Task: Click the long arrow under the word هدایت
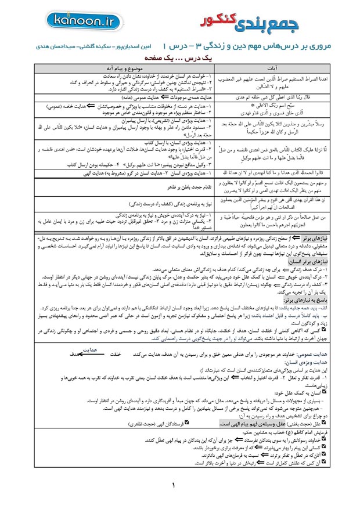88,354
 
